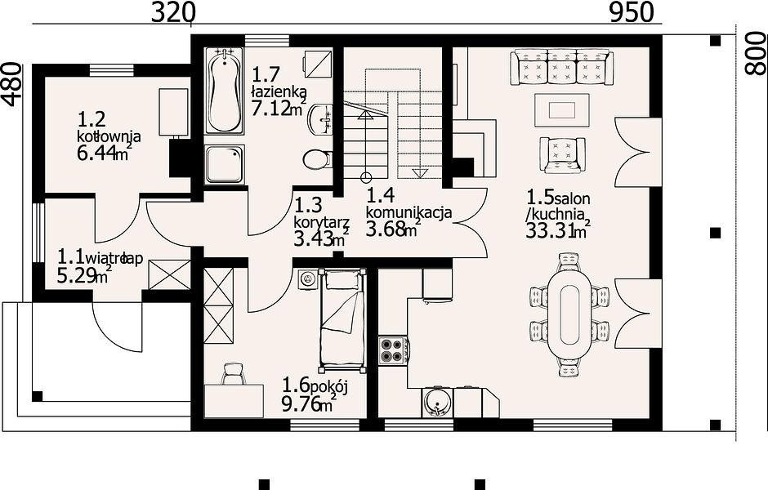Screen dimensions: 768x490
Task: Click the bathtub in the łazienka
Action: (224, 90)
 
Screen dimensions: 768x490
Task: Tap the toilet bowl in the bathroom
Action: (317, 159)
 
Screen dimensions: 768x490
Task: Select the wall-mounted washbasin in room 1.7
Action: (320, 118)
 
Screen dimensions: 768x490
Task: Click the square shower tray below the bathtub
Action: (224, 164)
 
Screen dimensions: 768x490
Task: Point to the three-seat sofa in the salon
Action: (561, 67)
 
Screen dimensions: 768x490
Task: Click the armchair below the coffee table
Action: (562, 154)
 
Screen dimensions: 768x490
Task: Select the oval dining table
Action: (569, 314)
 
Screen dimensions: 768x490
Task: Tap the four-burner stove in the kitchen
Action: (393, 350)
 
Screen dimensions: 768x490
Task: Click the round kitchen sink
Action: (437, 402)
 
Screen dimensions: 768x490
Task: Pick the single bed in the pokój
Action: (342, 319)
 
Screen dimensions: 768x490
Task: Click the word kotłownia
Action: (109, 136)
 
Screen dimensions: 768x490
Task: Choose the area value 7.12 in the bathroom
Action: (270, 108)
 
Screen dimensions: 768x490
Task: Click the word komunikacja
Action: (409, 213)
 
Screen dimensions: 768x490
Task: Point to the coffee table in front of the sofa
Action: (562, 110)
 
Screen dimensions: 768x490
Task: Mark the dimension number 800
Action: (756, 53)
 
